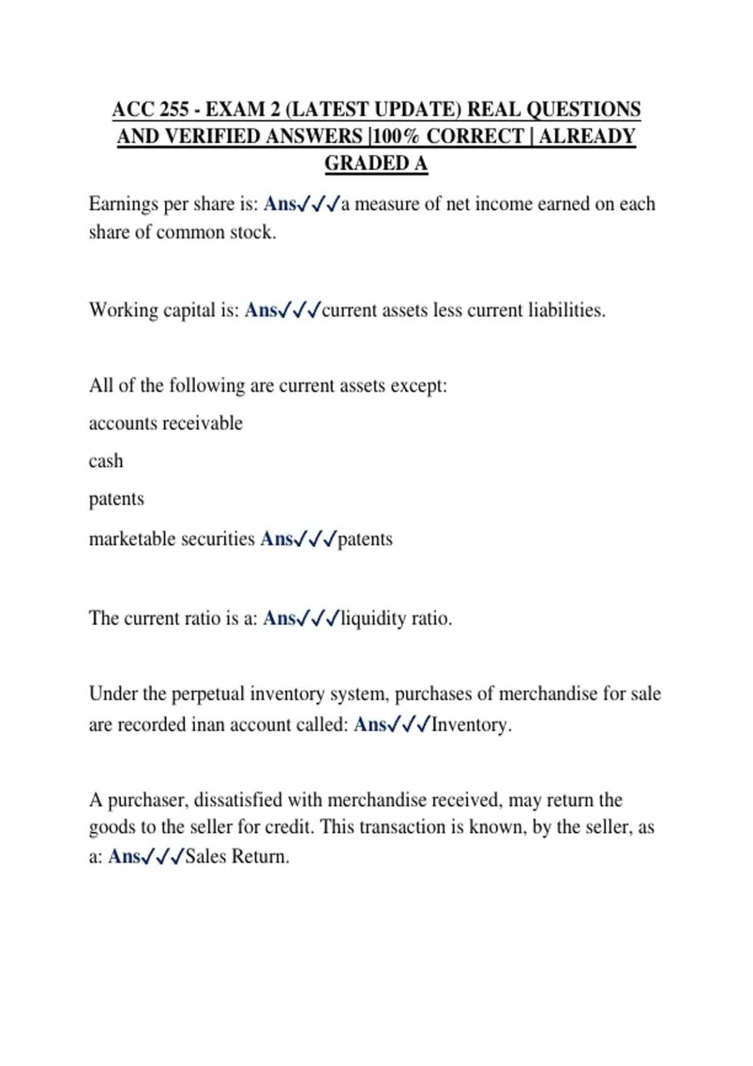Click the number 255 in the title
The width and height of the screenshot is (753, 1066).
point(174,109)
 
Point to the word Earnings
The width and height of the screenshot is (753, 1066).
point(123,204)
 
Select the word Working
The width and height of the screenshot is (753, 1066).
point(124,310)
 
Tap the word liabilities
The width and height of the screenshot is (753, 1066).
point(566,310)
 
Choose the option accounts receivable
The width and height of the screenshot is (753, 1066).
point(166,423)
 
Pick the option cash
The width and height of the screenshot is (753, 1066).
point(106,461)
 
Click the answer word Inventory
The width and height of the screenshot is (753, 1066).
point(471,724)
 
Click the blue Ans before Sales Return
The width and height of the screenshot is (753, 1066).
point(124,856)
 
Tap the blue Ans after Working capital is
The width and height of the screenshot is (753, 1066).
point(261,310)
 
